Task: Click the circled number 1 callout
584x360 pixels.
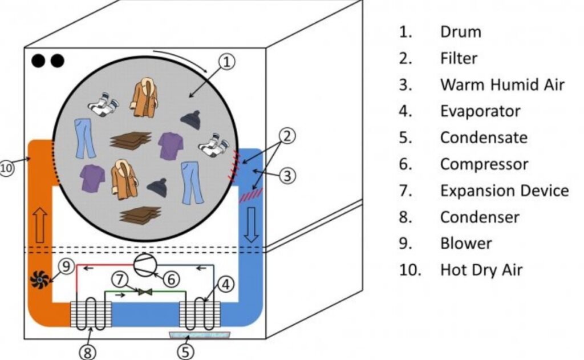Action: tap(227, 62)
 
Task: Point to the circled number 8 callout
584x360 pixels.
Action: tap(87, 351)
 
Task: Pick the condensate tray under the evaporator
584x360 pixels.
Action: tap(195, 333)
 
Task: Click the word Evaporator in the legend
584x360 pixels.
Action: tap(480, 111)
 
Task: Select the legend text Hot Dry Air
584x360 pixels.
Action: tap(481, 269)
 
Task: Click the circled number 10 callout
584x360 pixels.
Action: tap(8, 169)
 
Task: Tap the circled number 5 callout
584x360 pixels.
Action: tap(185, 351)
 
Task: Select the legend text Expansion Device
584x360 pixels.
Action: tap(504, 190)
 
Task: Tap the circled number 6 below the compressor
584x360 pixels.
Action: tap(172, 278)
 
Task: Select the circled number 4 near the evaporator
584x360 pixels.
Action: tap(226, 282)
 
